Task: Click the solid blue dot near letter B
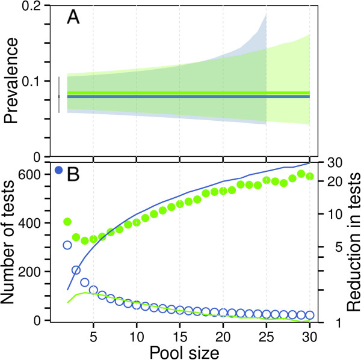(59, 170)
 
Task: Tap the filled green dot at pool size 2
(67, 222)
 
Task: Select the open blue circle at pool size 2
(67, 245)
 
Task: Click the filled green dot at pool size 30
(310, 176)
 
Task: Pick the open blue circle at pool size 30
(310, 314)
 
